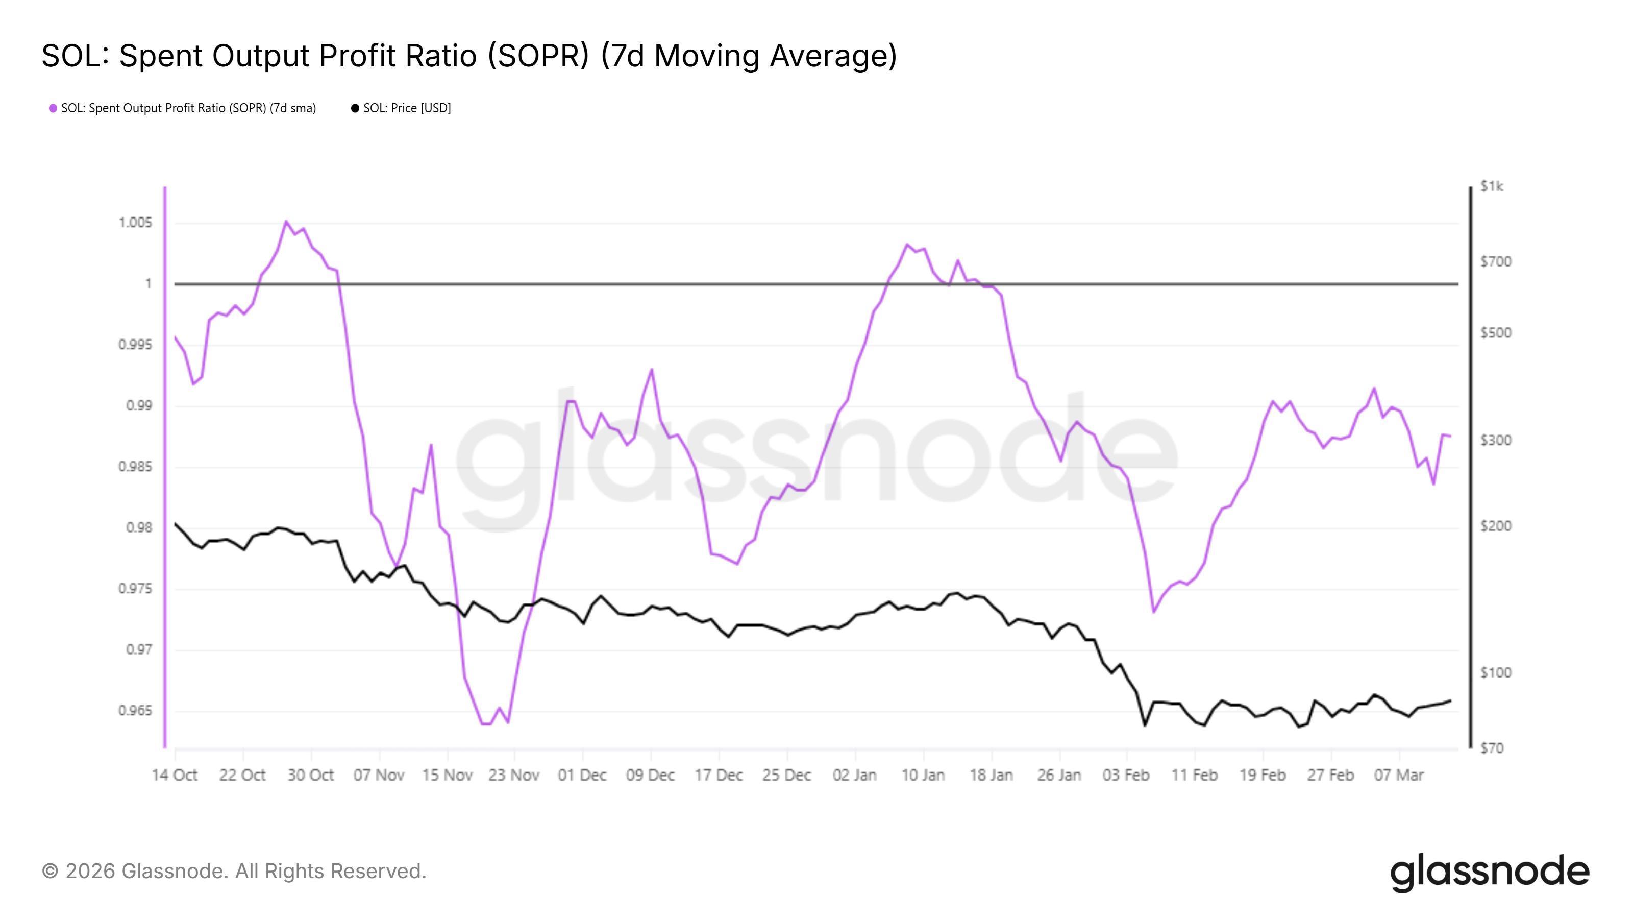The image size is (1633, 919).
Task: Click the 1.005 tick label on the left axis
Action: click(x=135, y=223)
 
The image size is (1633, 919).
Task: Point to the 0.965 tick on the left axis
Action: click(x=135, y=710)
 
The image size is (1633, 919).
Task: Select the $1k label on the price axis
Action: click(x=1492, y=186)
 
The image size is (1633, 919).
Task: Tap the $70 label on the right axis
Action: click(x=1492, y=748)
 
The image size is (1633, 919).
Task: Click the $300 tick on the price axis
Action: click(x=1495, y=440)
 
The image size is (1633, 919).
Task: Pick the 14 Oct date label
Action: click(x=175, y=775)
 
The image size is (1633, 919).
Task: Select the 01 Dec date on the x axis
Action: click(x=582, y=775)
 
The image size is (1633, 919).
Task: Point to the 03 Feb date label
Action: click(x=1126, y=775)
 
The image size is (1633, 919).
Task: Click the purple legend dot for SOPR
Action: click(x=53, y=108)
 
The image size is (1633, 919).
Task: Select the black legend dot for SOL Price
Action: click(x=355, y=108)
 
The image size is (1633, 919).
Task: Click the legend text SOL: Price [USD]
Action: click(x=407, y=108)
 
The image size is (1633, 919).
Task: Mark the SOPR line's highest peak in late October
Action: click(x=286, y=222)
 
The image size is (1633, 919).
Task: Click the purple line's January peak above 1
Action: click(x=906, y=244)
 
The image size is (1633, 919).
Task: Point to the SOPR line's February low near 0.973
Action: click(x=1154, y=612)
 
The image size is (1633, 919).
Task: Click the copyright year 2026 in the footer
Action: click(x=89, y=872)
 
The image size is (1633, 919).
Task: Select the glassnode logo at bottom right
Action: click(x=1490, y=873)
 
